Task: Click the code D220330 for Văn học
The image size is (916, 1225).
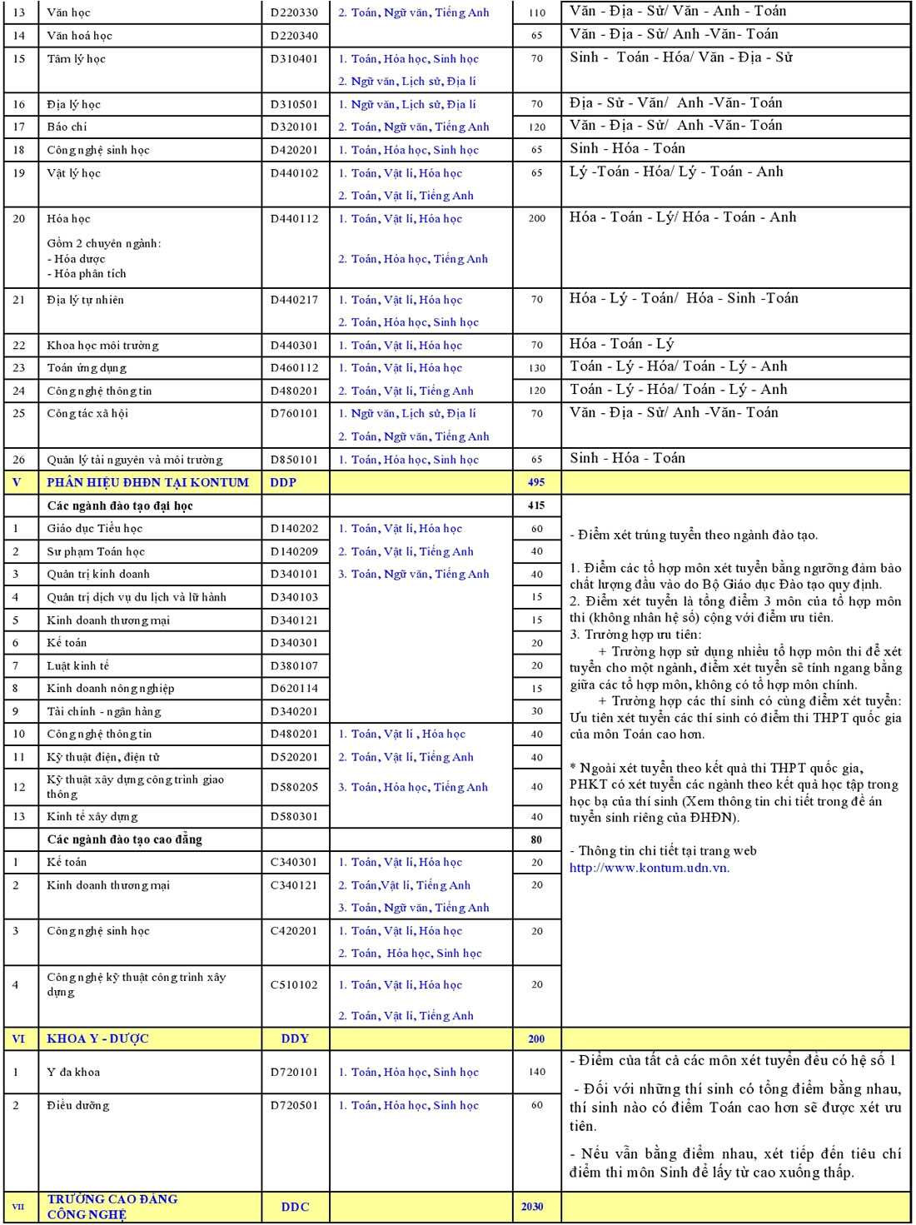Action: pyautogui.click(x=294, y=12)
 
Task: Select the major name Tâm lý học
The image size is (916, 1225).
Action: pyautogui.click(x=76, y=59)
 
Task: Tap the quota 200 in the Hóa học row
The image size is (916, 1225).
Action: pyautogui.click(x=536, y=218)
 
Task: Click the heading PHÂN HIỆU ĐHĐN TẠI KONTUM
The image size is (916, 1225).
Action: pyautogui.click(x=147, y=482)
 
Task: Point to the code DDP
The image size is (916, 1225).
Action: pyautogui.click(x=283, y=482)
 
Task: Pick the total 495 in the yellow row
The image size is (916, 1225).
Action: pyautogui.click(x=536, y=482)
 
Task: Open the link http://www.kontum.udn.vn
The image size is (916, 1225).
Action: pyautogui.click(x=649, y=868)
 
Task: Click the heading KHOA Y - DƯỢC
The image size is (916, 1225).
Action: pyautogui.click(x=97, y=1038)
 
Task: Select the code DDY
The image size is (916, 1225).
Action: pyautogui.click(x=295, y=1038)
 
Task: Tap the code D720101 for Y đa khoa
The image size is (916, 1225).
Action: pyautogui.click(x=294, y=1072)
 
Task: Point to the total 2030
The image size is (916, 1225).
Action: pyautogui.click(x=532, y=1206)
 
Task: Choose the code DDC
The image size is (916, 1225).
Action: pyautogui.click(x=295, y=1206)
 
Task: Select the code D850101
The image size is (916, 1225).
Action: pyautogui.click(x=294, y=460)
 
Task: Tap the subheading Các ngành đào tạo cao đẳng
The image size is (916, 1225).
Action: pyautogui.click(x=124, y=839)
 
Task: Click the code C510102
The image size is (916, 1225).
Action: pyautogui.click(x=294, y=984)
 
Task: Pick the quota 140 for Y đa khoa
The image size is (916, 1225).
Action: pyautogui.click(x=536, y=1072)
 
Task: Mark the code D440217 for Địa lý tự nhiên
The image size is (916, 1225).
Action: pyautogui.click(x=294, y=300)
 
